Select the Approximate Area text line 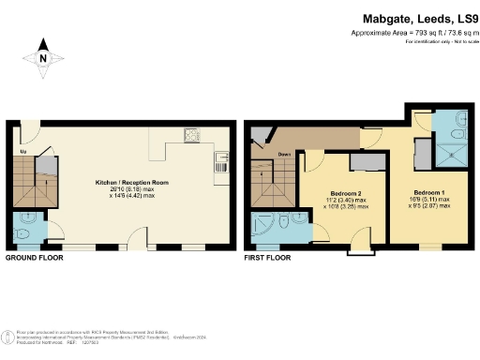point(410,33)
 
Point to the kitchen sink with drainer point(220,160)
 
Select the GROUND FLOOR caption point(36,257)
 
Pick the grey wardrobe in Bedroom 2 point(361,163)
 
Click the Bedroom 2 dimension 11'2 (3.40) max point(340,199)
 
